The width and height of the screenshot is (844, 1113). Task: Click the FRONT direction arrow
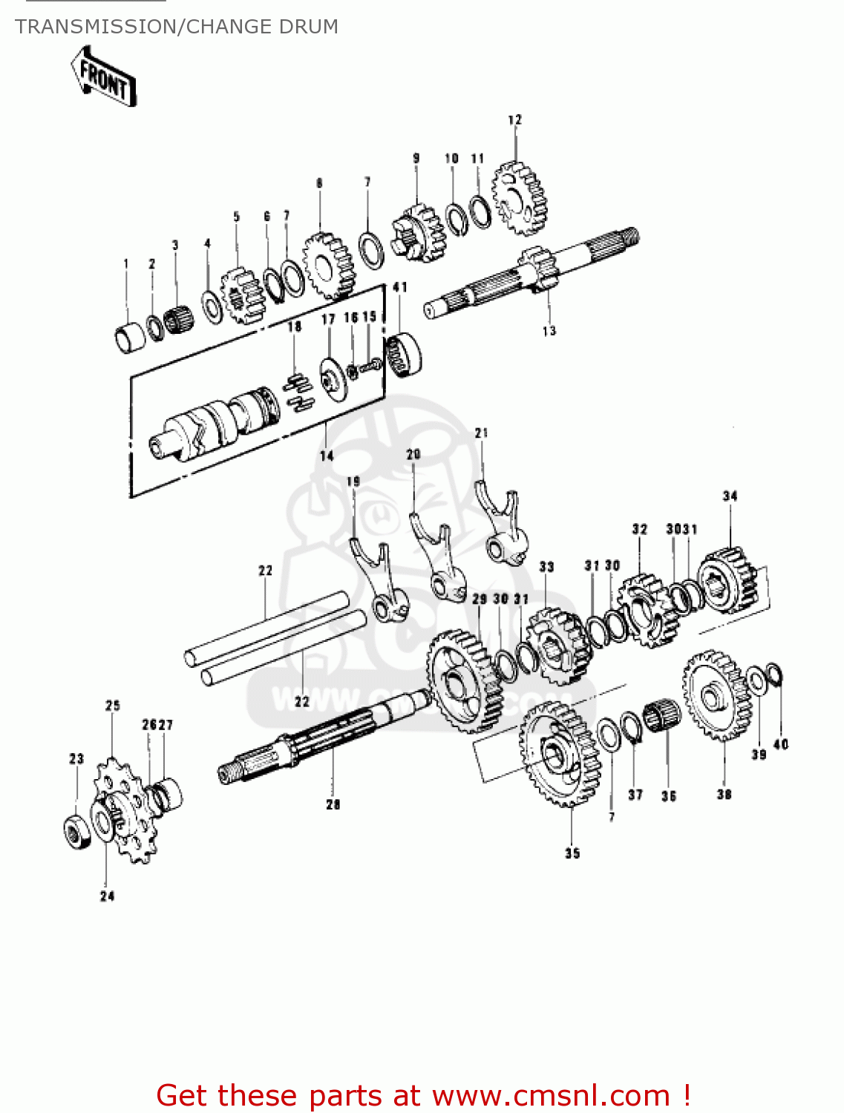click(103, 76)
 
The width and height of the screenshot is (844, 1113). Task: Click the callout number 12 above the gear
click(514, 119)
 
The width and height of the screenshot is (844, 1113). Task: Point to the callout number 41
click(400, 287)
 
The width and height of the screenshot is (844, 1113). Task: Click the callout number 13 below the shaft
click(549, 331)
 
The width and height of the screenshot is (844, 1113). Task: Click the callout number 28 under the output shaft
click(333, 804)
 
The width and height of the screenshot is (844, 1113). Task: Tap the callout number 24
click(108, 896)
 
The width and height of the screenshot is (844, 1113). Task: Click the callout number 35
click(572, 853)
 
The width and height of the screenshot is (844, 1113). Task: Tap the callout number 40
click(781, 744)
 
